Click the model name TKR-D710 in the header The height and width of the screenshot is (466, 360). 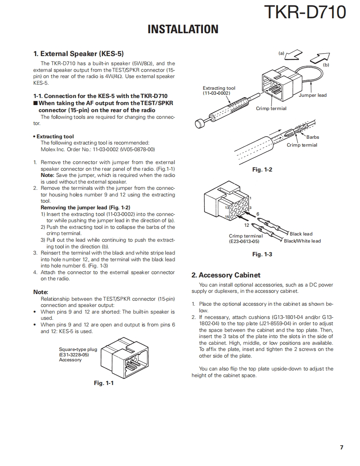[x=305, y=12]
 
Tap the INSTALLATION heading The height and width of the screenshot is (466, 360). [x=183, y=29]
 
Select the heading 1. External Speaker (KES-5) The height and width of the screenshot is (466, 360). [x=79, y=54]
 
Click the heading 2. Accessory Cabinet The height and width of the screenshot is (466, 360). [x=226, y=275]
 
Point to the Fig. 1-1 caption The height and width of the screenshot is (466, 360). [x=104, y=383]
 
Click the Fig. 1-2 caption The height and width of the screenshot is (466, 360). [x=262, y=169]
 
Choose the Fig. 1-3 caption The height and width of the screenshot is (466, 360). [x=262, y=254]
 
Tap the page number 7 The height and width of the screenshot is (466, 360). [x=341, y=447]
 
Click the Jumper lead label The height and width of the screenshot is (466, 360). [x=313, y=95]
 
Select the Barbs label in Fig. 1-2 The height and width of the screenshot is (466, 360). [x=313, y=137]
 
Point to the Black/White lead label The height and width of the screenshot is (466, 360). [x=302, y=241]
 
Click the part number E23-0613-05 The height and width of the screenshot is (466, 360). [x=244, y=241]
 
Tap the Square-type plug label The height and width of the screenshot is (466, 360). [x=78, y=349]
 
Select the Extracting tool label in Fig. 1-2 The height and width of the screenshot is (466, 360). [x=219, y=88]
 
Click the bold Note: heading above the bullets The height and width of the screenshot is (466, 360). [x=41, y=292]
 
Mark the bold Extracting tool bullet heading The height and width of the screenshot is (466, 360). [x=55, y=137]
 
